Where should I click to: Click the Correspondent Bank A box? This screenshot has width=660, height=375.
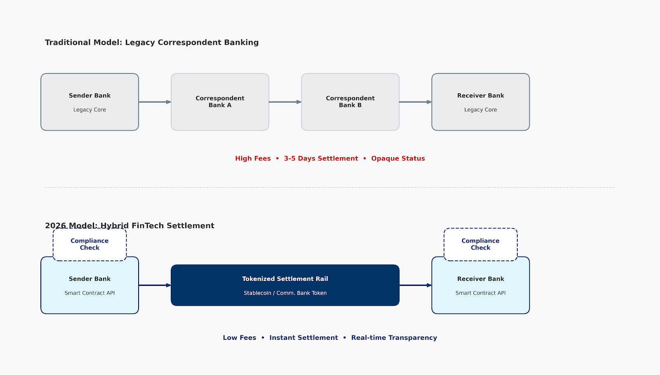(220, 102)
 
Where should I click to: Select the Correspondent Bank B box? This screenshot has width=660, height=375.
(350, 102)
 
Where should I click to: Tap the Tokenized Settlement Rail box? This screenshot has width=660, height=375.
(285, 285)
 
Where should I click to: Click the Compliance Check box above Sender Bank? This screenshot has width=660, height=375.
(90, 244)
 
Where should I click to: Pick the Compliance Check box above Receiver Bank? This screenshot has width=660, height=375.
(481, 244)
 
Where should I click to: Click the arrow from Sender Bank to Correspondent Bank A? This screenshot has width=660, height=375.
(155, 102)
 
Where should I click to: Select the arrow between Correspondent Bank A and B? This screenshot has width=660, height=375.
(285, 102)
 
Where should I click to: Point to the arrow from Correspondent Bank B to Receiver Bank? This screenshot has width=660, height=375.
(415, 102)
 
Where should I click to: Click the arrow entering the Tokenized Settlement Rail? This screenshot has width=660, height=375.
(155, 285)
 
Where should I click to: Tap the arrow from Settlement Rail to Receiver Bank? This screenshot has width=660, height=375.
(415, 285)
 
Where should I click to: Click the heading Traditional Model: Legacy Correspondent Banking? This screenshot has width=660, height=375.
(152, 42)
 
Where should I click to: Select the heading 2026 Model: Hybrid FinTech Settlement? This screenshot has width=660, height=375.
(130, 226)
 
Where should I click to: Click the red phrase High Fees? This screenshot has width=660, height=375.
(253, 158)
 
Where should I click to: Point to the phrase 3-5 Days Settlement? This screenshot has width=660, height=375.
(321, 158)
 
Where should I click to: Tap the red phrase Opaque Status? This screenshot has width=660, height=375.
(398, 158)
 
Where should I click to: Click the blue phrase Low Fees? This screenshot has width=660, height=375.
(239, 337)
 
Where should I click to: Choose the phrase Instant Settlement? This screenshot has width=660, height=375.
(304, 337)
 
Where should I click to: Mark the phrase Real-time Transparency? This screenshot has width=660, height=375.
(394, 337)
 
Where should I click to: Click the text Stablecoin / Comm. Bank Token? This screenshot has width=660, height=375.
(285, 293)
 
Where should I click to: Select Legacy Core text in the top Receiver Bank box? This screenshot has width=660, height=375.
(481, 110)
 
